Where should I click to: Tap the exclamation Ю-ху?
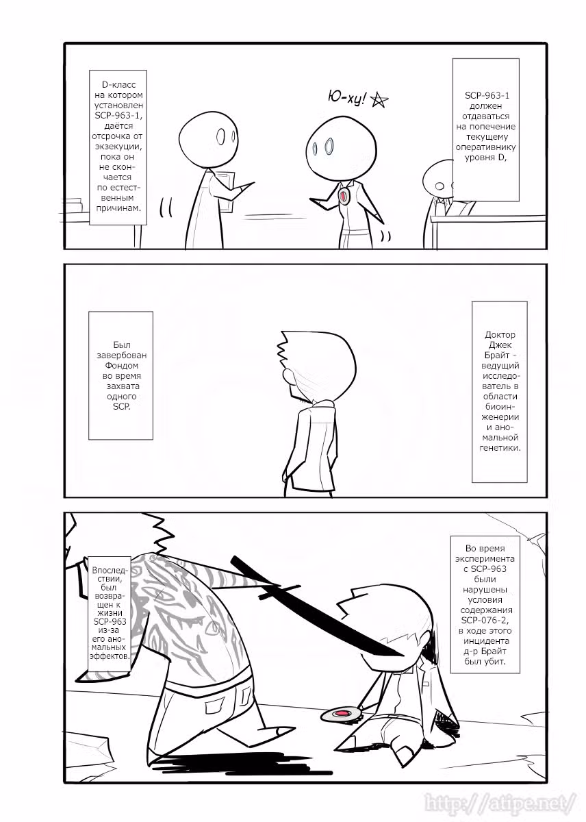[x=346, y=97]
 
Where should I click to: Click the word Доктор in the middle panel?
[x=500, y=335]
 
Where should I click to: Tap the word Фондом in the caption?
[x=121, y=366]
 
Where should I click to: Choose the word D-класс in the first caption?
[x=118, y=85]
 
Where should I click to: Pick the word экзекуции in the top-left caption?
[x=118, y=147]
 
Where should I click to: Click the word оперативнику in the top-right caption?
[x=485, y=147]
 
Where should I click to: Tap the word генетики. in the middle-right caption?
[x=500, y=448]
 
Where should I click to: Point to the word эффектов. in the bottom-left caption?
[x=110, y=656]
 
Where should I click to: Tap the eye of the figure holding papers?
[x=220, y=137]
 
